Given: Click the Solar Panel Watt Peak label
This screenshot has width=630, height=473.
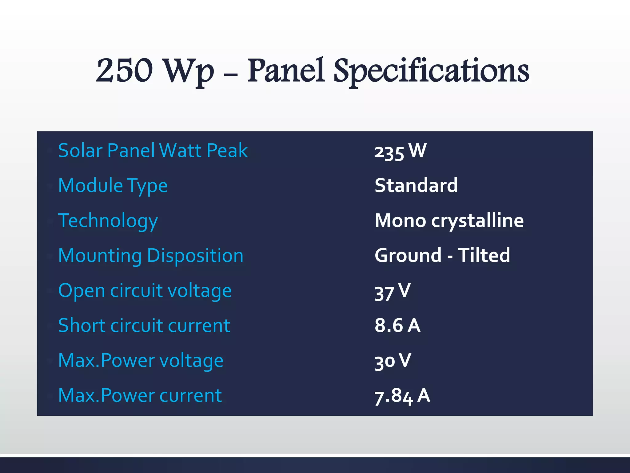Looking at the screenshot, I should coord(153,151).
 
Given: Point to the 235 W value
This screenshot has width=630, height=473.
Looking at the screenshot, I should coord(401,151).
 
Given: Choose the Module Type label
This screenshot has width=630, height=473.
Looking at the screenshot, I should coord(113,186).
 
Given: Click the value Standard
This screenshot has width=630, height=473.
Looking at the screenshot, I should coord(416,185).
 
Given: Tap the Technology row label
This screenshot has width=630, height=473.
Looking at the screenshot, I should coord(108,221).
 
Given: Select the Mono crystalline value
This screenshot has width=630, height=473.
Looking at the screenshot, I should coord(449,220).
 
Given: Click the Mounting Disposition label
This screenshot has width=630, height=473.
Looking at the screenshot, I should coord(151,256).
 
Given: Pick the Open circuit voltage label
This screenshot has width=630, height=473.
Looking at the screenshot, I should coord(145,291).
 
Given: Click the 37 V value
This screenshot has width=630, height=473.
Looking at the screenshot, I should coord(393,291).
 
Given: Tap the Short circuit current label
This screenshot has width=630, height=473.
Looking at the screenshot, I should coord(144,325).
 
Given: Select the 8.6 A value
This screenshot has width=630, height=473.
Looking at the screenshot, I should coord(397,325).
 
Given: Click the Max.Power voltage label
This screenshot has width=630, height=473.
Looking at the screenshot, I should coord(141,361).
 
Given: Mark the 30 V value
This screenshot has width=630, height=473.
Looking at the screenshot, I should coord(393,361).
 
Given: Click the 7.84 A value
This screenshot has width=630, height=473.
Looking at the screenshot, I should coord(402,396).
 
